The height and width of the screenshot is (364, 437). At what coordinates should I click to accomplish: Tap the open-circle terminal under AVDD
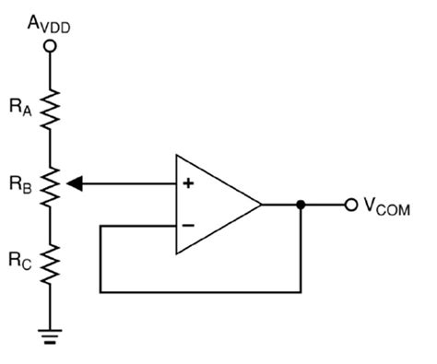point(53,43)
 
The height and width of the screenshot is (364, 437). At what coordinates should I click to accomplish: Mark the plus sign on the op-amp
point(188,182)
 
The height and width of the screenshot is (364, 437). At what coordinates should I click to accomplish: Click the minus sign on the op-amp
point(188,224)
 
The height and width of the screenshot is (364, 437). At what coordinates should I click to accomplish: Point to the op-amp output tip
point(261,204)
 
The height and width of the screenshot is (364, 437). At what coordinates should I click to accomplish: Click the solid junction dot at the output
point(301,204)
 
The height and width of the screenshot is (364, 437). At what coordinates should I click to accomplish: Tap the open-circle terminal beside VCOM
point(349,204)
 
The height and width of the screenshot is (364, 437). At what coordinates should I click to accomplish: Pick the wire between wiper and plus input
point(129,182)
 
